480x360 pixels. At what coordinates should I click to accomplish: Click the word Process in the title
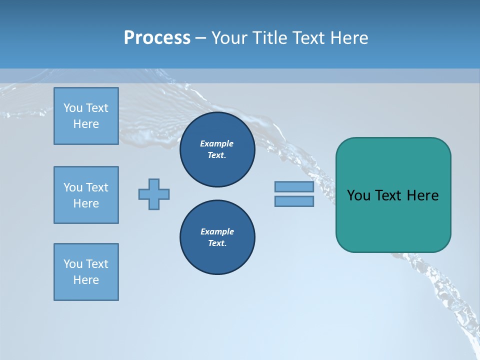[157, 38]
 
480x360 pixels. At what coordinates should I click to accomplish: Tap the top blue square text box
[86, 116]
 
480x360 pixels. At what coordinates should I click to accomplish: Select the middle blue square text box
[86, 195]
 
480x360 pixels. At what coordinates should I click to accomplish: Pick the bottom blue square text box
[86, 272]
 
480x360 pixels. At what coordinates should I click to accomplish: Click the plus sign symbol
[154, 194]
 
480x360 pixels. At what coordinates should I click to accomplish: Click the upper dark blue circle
[217, 149]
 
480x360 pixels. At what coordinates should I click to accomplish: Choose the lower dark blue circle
[217, 237]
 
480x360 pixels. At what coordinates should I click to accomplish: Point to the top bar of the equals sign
[294, 186]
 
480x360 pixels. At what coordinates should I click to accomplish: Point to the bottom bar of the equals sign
[294, 201]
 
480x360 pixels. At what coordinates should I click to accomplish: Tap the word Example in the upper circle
[217, 143]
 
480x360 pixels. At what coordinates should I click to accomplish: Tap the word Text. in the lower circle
[217, 243]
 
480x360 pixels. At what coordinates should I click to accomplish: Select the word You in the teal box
[358, 195]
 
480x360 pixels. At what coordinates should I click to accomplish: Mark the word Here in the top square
[86, 124]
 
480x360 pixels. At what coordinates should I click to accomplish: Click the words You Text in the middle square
[86, 187]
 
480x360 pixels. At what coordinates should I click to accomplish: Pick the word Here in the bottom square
[86, 280]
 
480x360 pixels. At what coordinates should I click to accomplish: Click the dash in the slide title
[200, 38]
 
